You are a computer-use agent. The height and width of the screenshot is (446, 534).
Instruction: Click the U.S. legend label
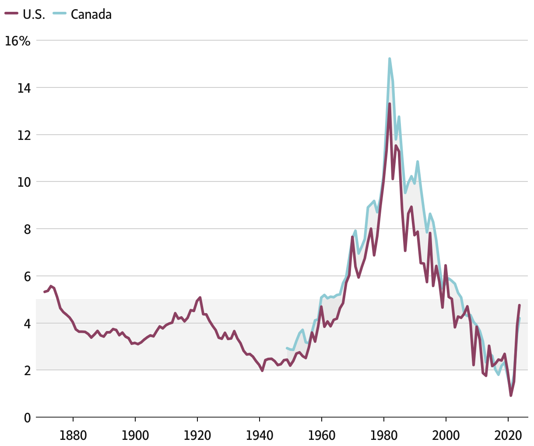click(34, 14)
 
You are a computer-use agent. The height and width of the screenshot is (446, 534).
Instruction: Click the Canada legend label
click(91, 14)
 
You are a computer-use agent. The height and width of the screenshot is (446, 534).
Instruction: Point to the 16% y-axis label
click(18, 41)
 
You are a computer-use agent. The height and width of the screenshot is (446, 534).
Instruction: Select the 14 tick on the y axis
click(25, 88)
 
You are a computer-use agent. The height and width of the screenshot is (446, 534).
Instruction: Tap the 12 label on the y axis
click(25, 135)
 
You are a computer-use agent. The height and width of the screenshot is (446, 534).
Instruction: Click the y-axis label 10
click(25, 182)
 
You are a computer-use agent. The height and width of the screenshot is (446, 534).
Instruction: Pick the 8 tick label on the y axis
click(27, 229)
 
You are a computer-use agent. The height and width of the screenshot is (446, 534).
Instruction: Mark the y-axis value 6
click(27, 276)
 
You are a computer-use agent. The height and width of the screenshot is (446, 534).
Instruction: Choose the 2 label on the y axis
click(27, 370)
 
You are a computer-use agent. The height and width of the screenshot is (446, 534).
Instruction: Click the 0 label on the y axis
click(27, 418)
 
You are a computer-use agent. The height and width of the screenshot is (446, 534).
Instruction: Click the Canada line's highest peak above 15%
click(389, 59)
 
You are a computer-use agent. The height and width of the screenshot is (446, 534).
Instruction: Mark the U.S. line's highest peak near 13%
click(390, 104)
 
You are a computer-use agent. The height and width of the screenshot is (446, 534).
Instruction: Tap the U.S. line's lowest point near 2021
click(511, 395)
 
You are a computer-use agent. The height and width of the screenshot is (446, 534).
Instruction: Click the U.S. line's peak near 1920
click(200, 298)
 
